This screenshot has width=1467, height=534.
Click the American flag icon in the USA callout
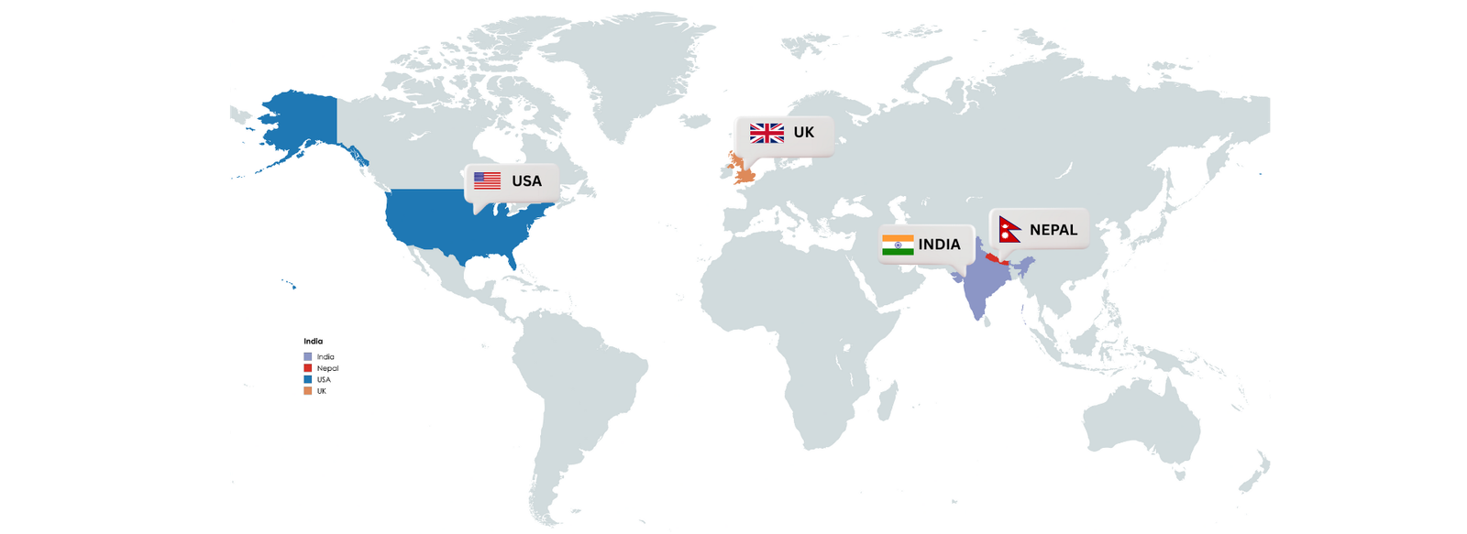pyautogui.click(x=487, y=180)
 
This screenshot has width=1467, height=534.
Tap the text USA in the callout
pyautogui.click(x=526, y=181)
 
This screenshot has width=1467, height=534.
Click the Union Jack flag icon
pyautogui.click(x=767, y=133)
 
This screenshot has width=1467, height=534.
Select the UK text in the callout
pyautogui.click(x=803, y=133)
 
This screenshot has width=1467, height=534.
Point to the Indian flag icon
pyautogui.click(x=898, y=245)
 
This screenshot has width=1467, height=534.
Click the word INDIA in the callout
pyautogui.click(x=939, y=245)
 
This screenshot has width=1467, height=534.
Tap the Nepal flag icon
pyautogui.click(x=1009, y=230)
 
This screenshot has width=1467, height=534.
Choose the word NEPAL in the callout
pyautogui.click(x=1053, y=230)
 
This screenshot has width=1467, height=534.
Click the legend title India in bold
pyautogui.click(x=314, y=341)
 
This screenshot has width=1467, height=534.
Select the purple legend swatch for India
pyautogui.click(x=308, y=356)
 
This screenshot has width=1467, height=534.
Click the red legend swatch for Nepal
pyautogui.click(x=308, y=368)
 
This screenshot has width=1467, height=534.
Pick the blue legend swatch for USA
pyautogui.click(x=308, y=379)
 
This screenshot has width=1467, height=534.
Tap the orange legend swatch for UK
pyautogui.click(x=308, y=391)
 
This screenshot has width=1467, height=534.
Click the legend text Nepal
pyautogui.click(x=327, y=368)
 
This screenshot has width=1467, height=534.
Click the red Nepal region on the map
pyautogui.click(x=994, y=261)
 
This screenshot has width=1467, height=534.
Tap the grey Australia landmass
pyautogui.click(x=1142, y=426)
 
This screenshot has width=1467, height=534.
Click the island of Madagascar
pyautogui.click(x=887, y=401)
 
